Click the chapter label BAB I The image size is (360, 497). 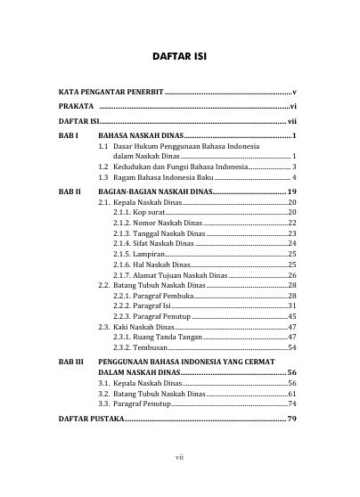pos(68,134)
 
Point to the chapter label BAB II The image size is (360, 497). pos(69,192)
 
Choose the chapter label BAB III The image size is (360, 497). pos(70,363)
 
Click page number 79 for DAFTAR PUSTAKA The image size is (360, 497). pos(290,418)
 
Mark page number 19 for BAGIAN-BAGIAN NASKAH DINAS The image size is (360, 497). pos(291,192)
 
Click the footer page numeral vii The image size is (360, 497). pos(180,460)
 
